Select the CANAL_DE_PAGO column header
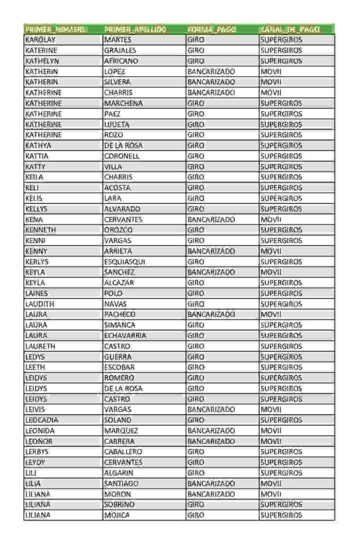[289, 29]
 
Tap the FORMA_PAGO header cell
[212, 29]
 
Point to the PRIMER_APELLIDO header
[135, 29]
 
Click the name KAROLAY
[41, 40]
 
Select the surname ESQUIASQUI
[125, 262]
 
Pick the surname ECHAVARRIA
[125, 336]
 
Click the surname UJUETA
[117, 124]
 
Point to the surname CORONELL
[122, 156]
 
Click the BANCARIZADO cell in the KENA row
[211, 219]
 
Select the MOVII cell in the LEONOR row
[271, 442]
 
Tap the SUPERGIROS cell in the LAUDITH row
[281, 304]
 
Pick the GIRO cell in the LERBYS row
[196, 452]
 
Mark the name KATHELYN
[41, 61]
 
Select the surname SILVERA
[117, 82]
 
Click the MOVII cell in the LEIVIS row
[271, 409]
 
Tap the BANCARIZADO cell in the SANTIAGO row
[211, 483]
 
